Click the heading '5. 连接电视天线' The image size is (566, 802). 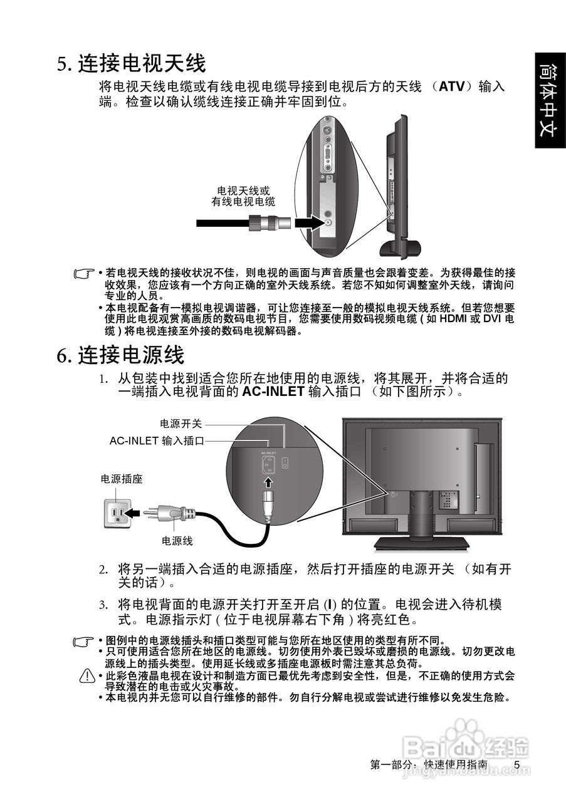click(132, 63)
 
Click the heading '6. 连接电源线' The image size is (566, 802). click(121, 355)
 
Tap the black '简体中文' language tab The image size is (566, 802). click(550, 100)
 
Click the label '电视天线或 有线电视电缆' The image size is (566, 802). click(243, 195)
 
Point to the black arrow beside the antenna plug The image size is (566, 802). click(307, 222)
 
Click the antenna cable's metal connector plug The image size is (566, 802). click(264, 222)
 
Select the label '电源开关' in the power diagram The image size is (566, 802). click(181, 424)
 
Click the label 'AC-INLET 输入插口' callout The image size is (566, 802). click(157, 441)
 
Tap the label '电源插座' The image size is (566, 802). click(122, 479)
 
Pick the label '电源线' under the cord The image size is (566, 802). click(177, 541)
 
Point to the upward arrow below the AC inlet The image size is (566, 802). click(268, 482)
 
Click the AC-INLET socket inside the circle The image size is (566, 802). click(268, 464)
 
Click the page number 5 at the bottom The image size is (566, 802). click(516, 765)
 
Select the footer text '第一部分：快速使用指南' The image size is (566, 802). click(429, 765)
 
